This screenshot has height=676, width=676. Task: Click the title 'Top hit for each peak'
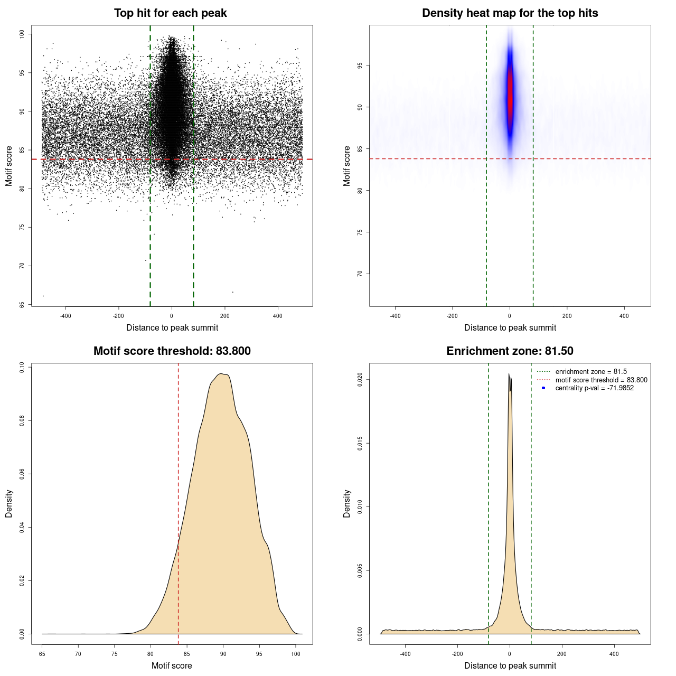click(170, 13)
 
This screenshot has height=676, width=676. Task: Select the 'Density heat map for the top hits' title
click(510, 13)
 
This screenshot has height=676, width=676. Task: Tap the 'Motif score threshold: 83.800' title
click(172, 351)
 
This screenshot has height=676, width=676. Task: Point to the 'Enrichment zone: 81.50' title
click(510, 351)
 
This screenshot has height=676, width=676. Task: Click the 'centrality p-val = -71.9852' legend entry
click(594, 388)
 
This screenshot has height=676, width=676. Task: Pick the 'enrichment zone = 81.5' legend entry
click(591, 372)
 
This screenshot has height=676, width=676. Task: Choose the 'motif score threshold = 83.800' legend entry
click(601, 380)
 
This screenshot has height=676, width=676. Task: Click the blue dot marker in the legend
click(543, 388)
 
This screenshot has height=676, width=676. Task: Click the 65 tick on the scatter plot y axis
click(22, 305)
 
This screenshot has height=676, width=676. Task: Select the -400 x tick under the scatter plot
click(65, 316)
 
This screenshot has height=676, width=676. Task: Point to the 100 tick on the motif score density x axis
click(296, 654)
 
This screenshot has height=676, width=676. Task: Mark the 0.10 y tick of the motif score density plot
click(22, 367)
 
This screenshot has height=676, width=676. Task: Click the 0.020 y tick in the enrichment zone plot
click(360, 379)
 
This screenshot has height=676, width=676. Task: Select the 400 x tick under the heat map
click(624, 316)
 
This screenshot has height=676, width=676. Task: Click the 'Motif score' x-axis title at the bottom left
click(172, 665)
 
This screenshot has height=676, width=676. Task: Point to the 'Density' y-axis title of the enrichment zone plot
click(347, 503)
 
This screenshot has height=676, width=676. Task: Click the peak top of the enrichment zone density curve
click(509, 374)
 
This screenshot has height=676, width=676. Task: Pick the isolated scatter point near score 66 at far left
click(43, 296)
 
